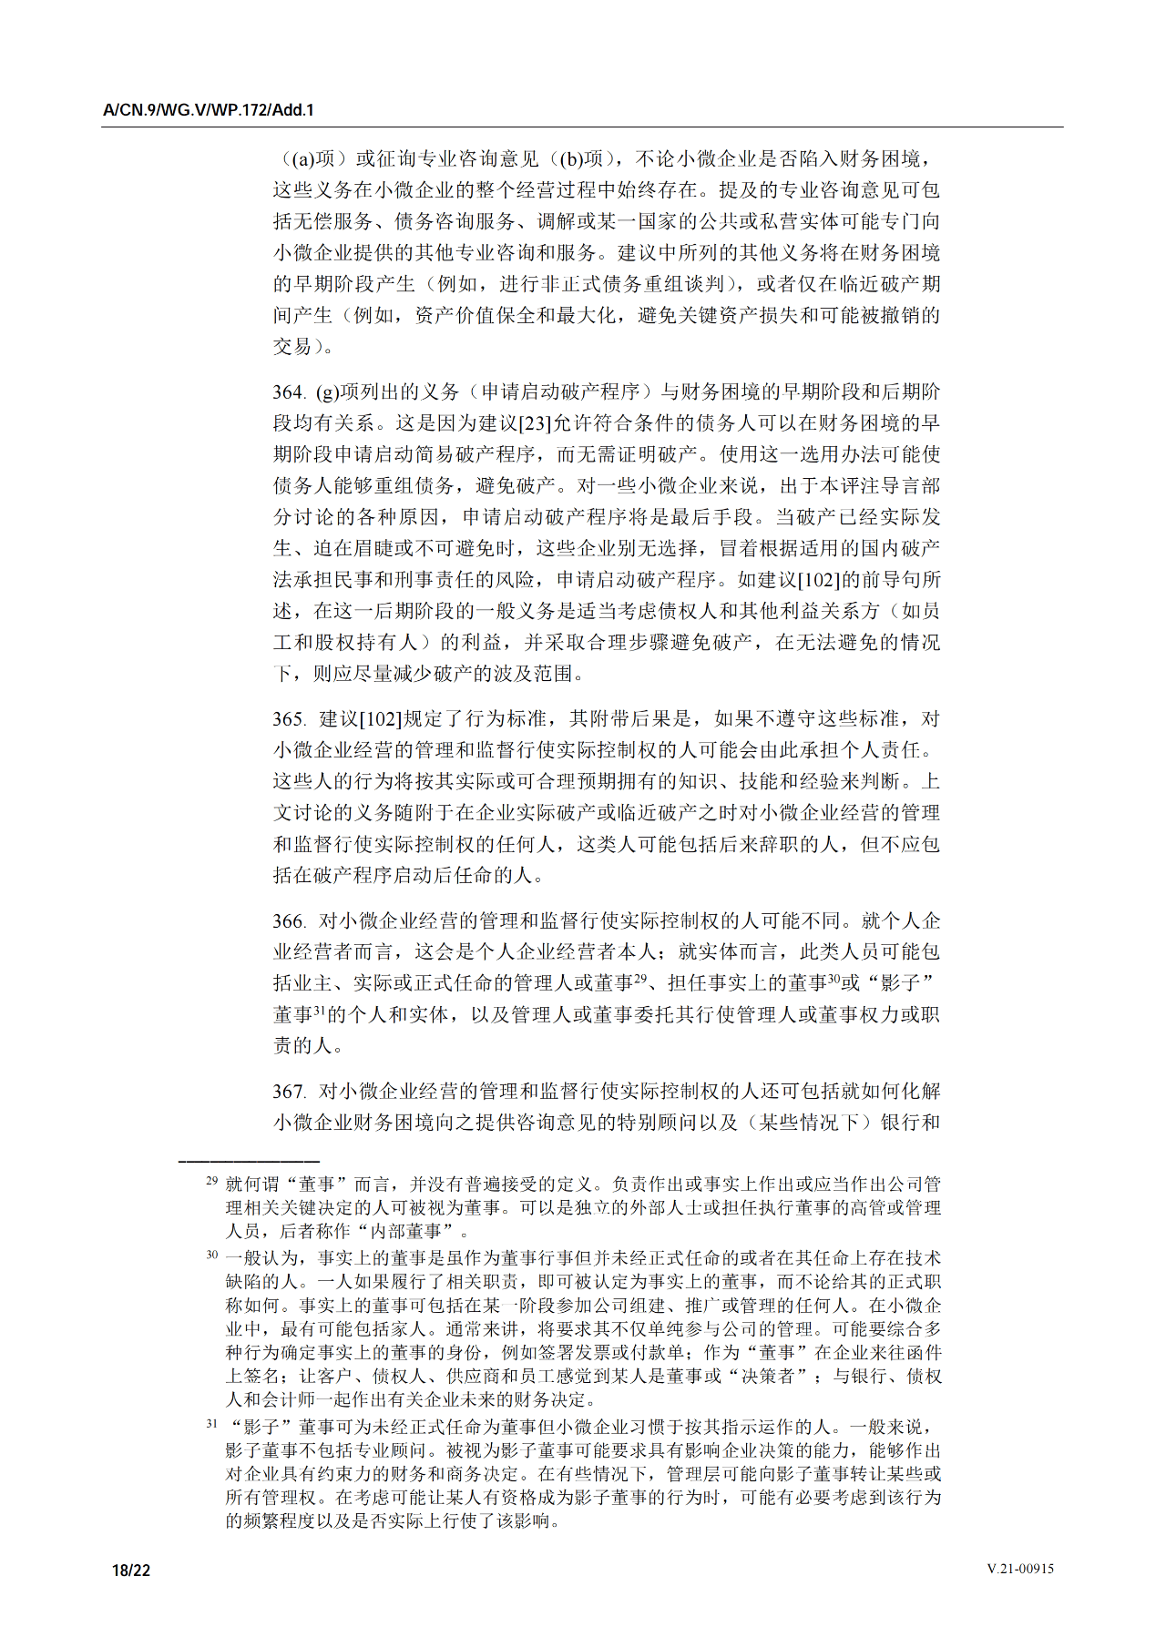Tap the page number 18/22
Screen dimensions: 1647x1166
point(130,1570)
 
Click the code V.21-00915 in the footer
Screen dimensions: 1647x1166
point(1020,1569)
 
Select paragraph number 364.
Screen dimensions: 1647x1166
point(288,392)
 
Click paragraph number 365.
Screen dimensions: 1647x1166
point(288,719)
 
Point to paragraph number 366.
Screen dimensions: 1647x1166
point(288,921)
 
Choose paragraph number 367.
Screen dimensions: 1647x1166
point(288,1092)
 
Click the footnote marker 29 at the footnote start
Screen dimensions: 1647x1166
point(211,1181)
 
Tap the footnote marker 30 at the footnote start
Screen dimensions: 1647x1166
point(211,1255)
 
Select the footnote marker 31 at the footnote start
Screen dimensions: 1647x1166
point(211,1423)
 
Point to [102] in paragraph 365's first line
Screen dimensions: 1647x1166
point(380,719)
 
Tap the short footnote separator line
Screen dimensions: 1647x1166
point(249,1161)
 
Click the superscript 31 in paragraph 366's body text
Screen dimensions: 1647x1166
point(319,1010)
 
